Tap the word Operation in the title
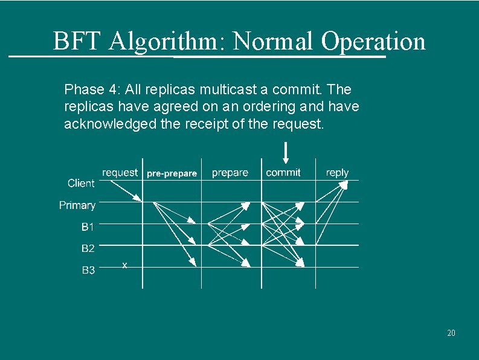point(373,41)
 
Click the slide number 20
point(451,333)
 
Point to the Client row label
point(81,183)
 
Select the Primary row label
point(77,205)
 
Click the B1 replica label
point(88,227)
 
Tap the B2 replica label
point(88,248)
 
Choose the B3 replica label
point(88,270)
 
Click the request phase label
point(120,173)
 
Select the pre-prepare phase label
point(172,173)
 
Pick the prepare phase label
point(230,173)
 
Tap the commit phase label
point(283,173)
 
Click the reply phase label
point(337,173)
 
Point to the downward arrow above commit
point(286,152)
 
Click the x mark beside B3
point(124,265)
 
